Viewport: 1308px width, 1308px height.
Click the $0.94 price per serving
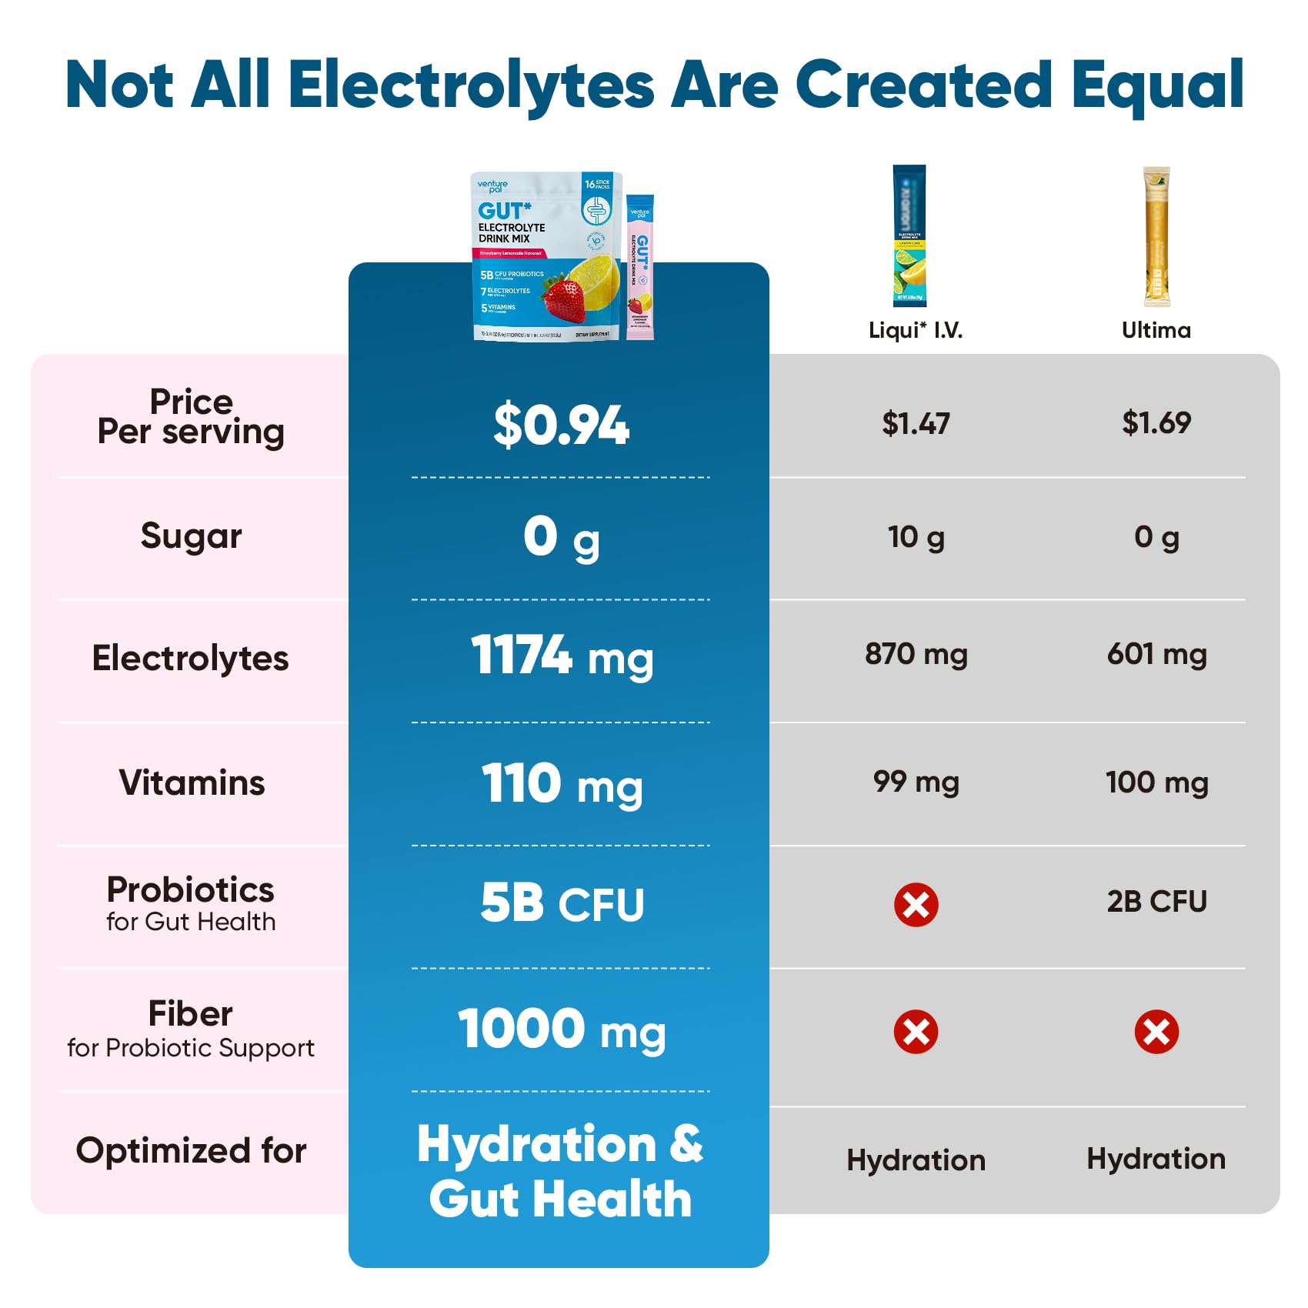point(561,425)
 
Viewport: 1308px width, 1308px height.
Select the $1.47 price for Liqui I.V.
point(916,423)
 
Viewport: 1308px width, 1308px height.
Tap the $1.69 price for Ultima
point(1156,422)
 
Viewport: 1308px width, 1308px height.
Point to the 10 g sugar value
point(916,537)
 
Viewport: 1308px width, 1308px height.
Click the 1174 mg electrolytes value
point(561,656)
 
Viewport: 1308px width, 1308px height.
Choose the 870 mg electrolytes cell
point(916,655)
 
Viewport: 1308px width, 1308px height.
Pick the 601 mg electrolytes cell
point(1156,655)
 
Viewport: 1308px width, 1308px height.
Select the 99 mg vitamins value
point(916,782)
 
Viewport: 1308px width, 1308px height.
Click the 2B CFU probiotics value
point(1156,901)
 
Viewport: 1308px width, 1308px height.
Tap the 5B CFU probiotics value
point(561,903)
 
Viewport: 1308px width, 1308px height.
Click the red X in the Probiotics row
point(916,904)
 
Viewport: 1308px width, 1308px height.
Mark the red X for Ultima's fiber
point(1156,1031)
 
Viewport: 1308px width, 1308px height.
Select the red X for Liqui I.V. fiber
point(916,1031)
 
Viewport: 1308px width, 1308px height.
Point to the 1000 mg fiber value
point(561,1029)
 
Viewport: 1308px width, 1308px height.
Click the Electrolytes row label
point(190,659)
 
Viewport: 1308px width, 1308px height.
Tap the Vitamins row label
point(192,782)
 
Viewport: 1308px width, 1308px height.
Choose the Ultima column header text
point(1156,330)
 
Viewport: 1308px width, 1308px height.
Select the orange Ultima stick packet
point(1156,236)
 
